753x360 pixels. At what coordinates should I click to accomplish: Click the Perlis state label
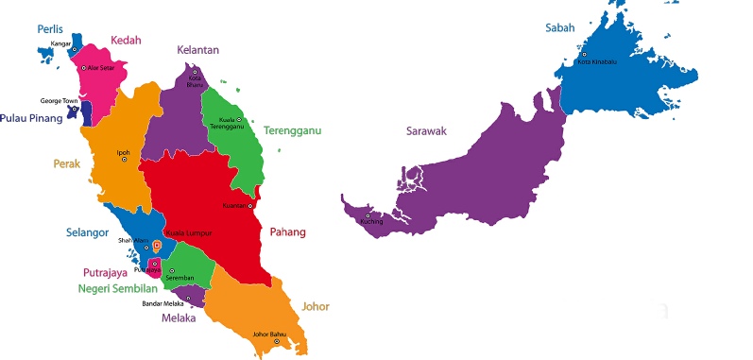pos(50,29)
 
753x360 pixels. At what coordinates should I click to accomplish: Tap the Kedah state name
pos(127,40)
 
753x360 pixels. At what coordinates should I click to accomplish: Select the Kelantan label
pos(197,49)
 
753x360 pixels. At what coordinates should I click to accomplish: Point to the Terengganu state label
pos(292,130)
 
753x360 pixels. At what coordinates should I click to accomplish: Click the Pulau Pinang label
pos(31,118)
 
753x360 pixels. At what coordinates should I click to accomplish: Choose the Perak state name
pos(65,163)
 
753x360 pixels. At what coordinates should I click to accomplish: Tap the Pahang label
pos(287,231)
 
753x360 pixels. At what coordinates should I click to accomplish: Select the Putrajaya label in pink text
pos(105,273)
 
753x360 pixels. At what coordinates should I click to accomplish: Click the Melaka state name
pos(178,317)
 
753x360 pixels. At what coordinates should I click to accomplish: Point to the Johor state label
pos(316,306)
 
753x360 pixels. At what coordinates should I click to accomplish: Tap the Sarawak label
pos(425,130)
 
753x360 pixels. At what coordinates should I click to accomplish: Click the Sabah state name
pos(559,27)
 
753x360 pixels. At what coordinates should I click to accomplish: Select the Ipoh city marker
pos(124,160)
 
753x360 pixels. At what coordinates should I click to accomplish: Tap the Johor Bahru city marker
pos(277,341)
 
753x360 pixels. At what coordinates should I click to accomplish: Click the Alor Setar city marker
pos(84,68)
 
